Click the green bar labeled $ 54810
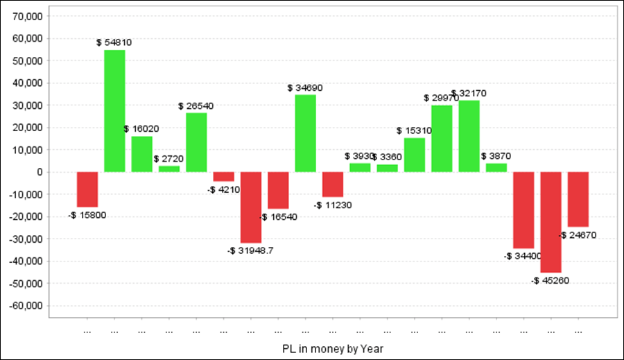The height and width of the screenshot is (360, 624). coord(114,111)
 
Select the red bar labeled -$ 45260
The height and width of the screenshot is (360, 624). coord(551,222)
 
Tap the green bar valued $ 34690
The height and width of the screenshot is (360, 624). coord(305,133)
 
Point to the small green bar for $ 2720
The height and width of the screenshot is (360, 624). coord(168,169)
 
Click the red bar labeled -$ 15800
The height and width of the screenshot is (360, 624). coord(87,189)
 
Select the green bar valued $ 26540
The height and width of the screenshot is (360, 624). coord(196,142)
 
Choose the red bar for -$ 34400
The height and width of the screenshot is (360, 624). coord(523,209)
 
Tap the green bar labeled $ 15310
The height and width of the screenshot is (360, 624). coord(415,155)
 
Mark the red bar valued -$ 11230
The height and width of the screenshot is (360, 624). coord(333,185)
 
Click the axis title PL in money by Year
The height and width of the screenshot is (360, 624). coord(333,348)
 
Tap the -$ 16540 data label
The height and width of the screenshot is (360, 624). coord(278,217)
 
